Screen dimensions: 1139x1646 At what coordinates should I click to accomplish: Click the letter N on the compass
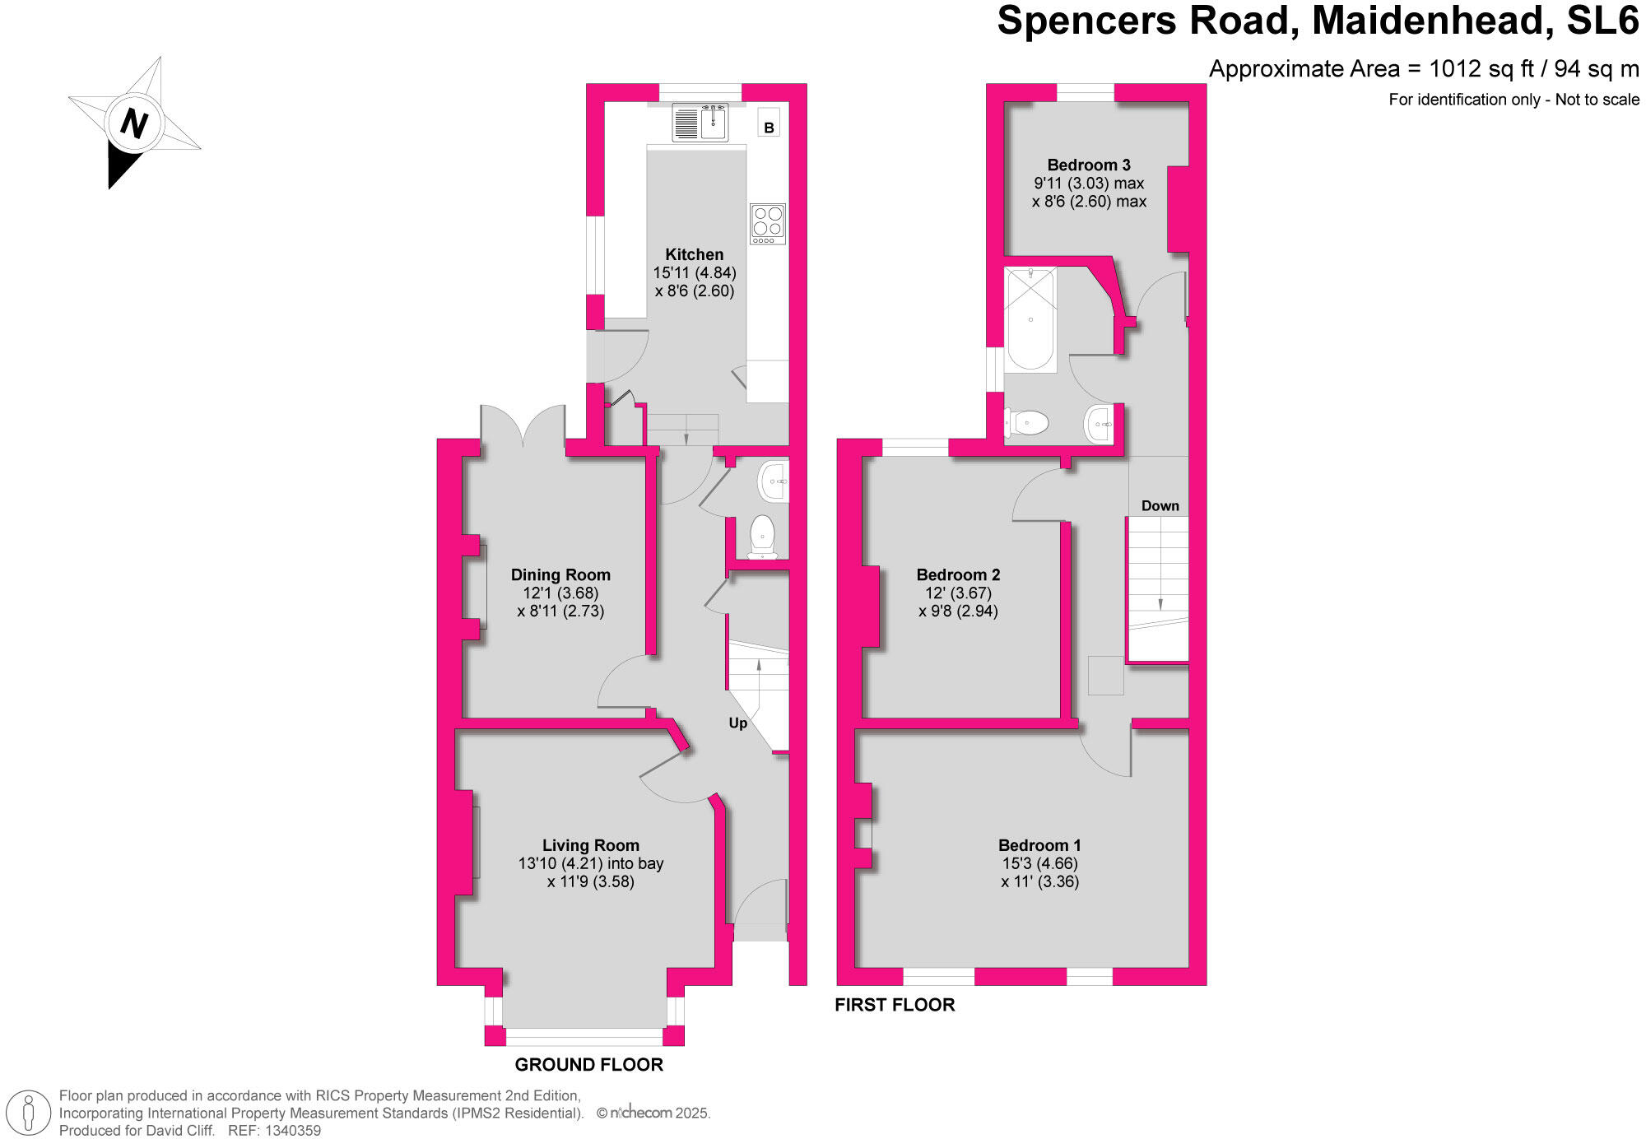point(133,124)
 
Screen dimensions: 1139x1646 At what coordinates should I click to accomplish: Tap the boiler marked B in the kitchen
point(769,128)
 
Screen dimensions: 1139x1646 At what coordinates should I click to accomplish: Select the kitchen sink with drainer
point(700,123)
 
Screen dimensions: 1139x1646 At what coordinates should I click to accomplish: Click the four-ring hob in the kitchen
point(767,223)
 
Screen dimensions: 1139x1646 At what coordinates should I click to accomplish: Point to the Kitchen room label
point(694,254)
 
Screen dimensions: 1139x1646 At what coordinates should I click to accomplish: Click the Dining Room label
point(560,574)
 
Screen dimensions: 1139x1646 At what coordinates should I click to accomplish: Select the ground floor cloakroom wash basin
point(774,481)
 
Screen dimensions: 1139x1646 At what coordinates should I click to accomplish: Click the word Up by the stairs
point(737,723)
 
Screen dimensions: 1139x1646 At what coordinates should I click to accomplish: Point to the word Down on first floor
point(1160,505)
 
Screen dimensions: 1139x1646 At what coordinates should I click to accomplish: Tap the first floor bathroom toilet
point(1026,423)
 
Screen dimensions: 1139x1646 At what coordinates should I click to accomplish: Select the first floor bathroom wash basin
point(1100,424)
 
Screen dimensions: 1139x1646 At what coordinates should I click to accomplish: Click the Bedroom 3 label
point(1088,165)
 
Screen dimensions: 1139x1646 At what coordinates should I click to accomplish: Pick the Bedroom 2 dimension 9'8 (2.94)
point(958,611)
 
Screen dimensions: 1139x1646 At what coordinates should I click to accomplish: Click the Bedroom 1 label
point(1039,844)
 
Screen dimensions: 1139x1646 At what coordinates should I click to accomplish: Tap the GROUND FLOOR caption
point(588,1064)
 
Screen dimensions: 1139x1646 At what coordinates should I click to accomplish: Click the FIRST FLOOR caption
point(895,1004)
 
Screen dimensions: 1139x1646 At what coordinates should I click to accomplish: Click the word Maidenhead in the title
point(1433,21)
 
